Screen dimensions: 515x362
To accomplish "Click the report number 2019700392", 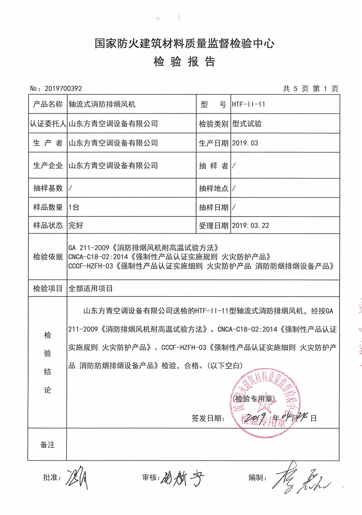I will coord(65,88).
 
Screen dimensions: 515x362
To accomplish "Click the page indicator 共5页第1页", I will coord(311,88).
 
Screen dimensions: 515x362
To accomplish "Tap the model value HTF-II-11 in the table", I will coord(248,105).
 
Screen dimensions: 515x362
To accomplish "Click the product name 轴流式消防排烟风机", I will coord(102,105).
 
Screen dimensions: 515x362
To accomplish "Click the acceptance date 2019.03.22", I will coord(251,226).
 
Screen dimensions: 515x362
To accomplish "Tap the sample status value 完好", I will coord(76,226).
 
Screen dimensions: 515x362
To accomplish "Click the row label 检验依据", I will coord(48,257).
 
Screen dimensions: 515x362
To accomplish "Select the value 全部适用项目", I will coord(91,289).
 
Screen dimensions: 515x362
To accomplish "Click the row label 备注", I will coord(48,445).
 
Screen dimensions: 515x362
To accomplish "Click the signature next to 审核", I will coord(183,478).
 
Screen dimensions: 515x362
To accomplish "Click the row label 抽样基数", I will coord(48,188).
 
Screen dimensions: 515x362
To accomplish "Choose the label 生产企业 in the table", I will coord(48,165).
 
